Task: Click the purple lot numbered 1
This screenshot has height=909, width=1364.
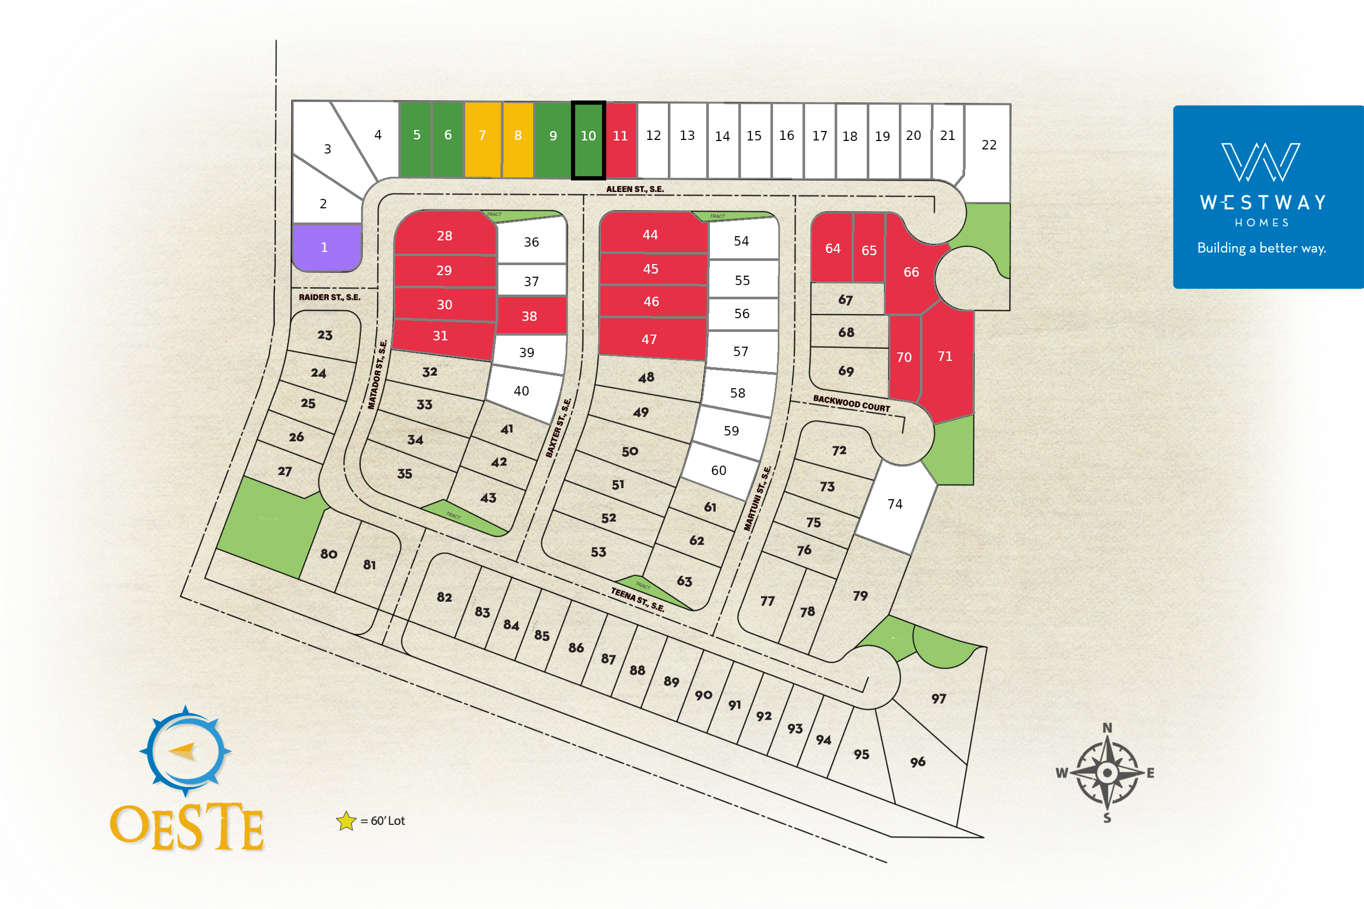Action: pyautogui.click(x=324, y=248)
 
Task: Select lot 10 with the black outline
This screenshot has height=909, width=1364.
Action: pyautogui.click(x=588, y=139)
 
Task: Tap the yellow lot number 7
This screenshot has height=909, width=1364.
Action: pyautogui.click(x=482, y=139)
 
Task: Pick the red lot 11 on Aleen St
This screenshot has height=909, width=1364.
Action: pyautogui.click(x=620, y=139)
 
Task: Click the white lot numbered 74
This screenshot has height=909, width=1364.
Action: pyautogui.click(x=895, y=504)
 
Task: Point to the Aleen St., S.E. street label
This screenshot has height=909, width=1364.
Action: pyautogui.click(x=635, y=189)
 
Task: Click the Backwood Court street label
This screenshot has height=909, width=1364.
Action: pyautogui.click(x=851, y=403)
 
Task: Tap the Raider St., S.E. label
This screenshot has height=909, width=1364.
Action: pyautogui.click(x=329, y=297)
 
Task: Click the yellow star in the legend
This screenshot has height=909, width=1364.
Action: pyautogui.click(x=346, y=820)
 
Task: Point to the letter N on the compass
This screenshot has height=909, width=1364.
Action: pyautogui.click(x=1107, y=728)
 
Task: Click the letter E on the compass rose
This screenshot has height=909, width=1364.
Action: pyautogui.click(x=1150, y=773)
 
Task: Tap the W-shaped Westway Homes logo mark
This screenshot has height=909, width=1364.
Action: pyautogui.click(x=1261, y=163)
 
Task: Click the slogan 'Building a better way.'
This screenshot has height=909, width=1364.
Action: pyautogui.click(x=1261, y=248)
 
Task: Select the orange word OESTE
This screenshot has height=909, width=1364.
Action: pyautogui.click(x=187, y=827)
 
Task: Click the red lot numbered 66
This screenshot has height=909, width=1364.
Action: pyautogui.click(x=910, y=272)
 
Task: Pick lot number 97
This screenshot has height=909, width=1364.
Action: pyautogui.click(x=938, y=699)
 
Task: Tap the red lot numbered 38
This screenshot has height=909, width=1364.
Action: pyautogui.click(x=529, y=317)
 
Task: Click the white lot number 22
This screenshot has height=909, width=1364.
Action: pyautogui.click(x=989, y=146)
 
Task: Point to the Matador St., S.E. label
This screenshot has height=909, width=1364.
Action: pyautogui.click(x=377, y=375)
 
